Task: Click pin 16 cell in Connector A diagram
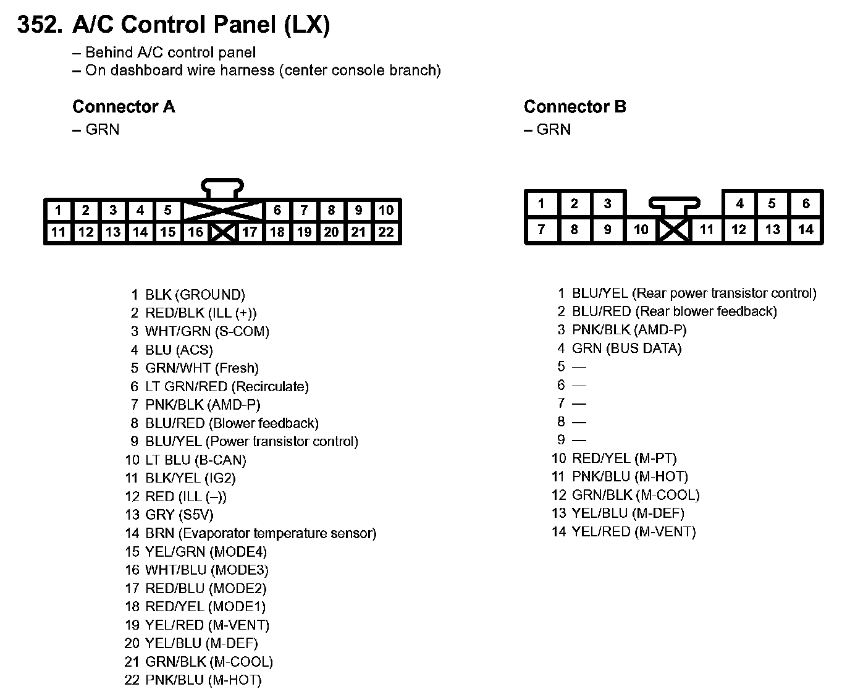195,232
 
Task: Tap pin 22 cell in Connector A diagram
386,232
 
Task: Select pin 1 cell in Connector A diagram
58,211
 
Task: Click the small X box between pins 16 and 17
222,233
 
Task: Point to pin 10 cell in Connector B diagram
641,230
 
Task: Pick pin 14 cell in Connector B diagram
806,230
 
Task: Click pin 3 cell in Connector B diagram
607,203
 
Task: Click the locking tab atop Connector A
222,187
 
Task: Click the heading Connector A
124,107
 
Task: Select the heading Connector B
574,107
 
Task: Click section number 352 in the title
40,25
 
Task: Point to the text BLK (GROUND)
195,295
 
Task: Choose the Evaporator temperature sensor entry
260,533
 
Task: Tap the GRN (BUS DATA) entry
626,348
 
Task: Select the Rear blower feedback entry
674,311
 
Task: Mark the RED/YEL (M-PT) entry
624,458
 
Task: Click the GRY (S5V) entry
179,515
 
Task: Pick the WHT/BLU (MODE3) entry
206,570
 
